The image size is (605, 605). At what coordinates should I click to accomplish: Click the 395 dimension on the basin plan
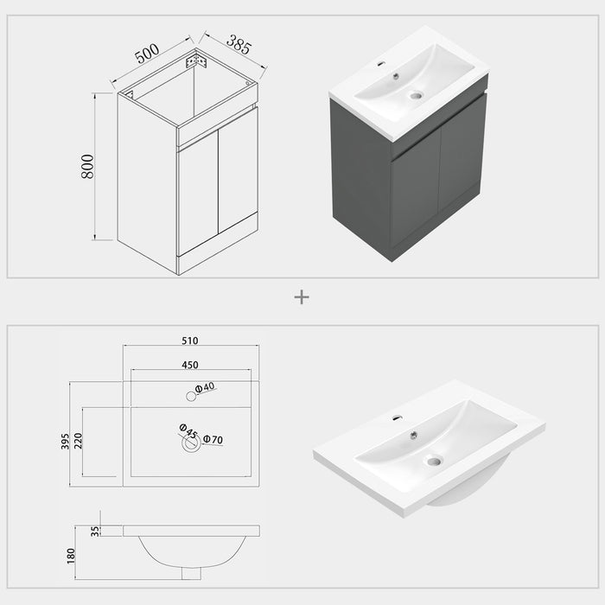(x=65, y=442)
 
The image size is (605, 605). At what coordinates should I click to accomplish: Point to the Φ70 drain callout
(x=213, y=440)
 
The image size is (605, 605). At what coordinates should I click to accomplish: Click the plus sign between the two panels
(x=301, y=296)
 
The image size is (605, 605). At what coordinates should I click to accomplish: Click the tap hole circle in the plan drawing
(x=191, y=396)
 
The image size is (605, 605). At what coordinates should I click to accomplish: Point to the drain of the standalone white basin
(x=434, y=461)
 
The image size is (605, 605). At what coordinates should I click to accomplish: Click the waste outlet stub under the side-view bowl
(x=191, y=572)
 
